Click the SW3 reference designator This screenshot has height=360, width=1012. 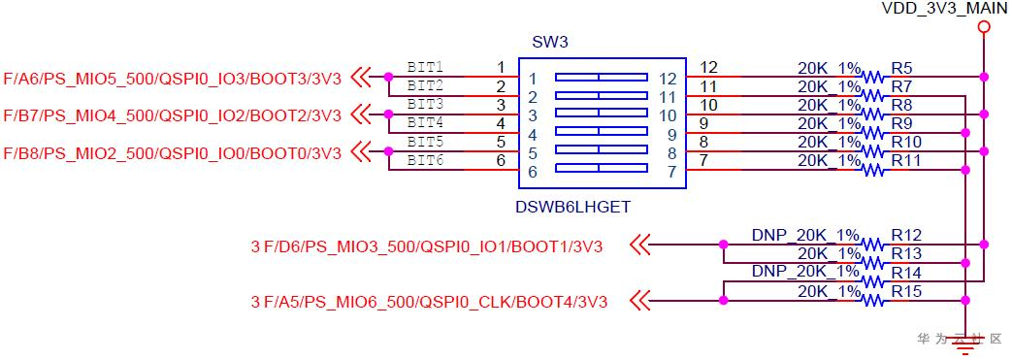549,44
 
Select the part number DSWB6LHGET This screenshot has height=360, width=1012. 572,208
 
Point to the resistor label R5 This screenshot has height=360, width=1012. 902,68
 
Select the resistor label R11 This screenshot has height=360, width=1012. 906,160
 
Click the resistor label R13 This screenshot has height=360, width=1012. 906,253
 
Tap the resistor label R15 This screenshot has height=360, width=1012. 906,292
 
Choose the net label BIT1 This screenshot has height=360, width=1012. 425,67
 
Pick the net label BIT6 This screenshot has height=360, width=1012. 425,161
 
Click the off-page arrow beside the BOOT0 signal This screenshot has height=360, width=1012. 362,152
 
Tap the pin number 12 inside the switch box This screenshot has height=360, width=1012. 667,79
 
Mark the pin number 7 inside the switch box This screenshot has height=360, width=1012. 671,173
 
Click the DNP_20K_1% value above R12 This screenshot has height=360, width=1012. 805,235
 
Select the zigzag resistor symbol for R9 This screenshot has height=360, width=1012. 872,132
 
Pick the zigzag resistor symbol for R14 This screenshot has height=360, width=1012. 872,281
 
